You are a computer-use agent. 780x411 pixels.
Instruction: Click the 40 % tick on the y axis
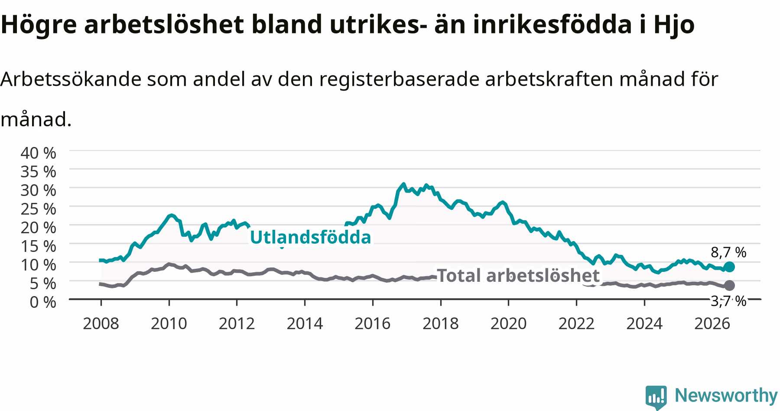coord(39,153)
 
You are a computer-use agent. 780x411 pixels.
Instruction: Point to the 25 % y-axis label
coord(39,209)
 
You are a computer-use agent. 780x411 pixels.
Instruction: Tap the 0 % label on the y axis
coord(43,302)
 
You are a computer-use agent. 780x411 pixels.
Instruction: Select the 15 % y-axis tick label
coord(39,246)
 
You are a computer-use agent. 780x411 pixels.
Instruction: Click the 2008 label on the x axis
coord(101,323)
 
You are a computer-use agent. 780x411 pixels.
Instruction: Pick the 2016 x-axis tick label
coord(373,323)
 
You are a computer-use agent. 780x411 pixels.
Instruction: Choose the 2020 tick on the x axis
coord(508,323)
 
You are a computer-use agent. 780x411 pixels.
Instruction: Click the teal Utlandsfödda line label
coord(311,238)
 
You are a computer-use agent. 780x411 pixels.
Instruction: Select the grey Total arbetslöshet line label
coord(518,275)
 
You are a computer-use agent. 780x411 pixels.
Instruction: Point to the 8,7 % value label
coord(728,252)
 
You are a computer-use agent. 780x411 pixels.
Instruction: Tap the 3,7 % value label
coord(728,301)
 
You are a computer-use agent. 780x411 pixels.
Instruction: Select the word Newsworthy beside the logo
coord(726,396)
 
